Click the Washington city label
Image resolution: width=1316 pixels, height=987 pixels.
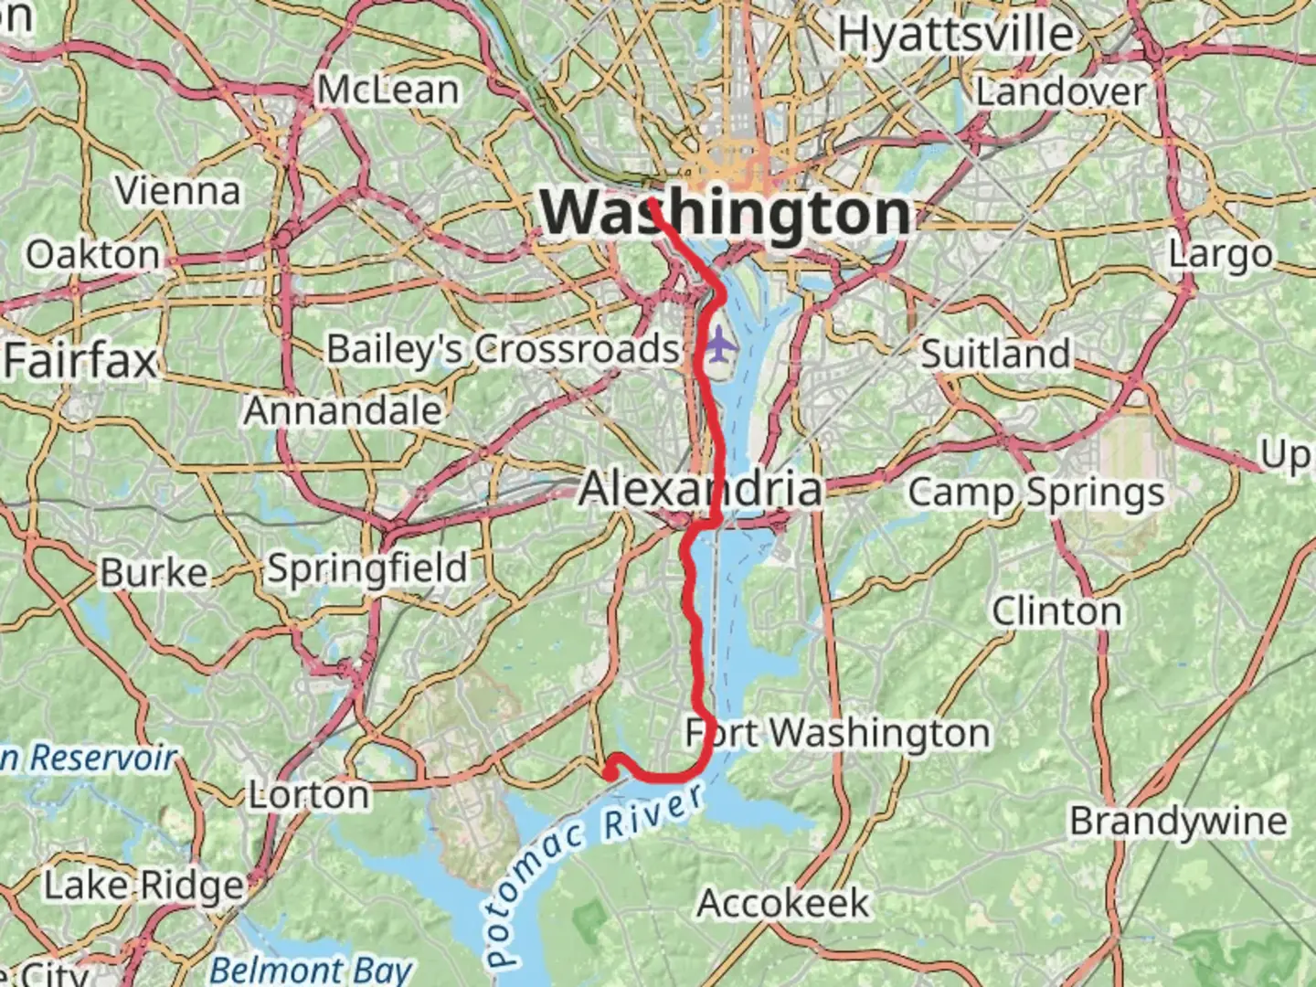click(x=727, y=213)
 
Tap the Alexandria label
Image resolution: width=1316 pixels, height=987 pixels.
click(x=701, y=489)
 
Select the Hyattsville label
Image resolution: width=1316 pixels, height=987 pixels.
click(x=956, y=35)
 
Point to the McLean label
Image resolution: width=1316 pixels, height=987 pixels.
click(x=388, y=90)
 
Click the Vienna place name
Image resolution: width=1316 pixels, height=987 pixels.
click(x=178, y=190)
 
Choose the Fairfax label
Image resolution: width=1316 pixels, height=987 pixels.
click(x=80, y=361)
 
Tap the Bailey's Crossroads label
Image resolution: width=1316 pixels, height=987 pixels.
click(x=504, y=349)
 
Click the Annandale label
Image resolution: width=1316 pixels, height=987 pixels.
click(x=343, y=410)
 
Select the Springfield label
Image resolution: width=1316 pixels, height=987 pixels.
click(x=367, y=568)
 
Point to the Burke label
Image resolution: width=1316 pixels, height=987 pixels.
click(x=154, y=573)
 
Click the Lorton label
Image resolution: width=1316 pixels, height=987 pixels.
click(x=310, y=795)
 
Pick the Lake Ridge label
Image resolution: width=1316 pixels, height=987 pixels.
click(x=144, y=885)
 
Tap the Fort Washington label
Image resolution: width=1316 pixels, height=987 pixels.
click(x=838, y=733)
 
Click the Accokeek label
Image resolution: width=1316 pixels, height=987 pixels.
click(x=783, y=903)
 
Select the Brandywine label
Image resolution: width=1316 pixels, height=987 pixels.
click(x=1178, y=821)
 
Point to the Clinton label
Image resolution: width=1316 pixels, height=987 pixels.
click(x=1056, y=610)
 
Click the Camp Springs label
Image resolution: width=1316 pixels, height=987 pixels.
click(x=1036, y=493)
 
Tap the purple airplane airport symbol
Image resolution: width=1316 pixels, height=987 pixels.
click(x=721, y=345)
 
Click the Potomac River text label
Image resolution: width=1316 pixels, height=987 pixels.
click(x=594, y=873)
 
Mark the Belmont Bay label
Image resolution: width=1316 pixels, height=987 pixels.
click(x=312, y=969)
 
